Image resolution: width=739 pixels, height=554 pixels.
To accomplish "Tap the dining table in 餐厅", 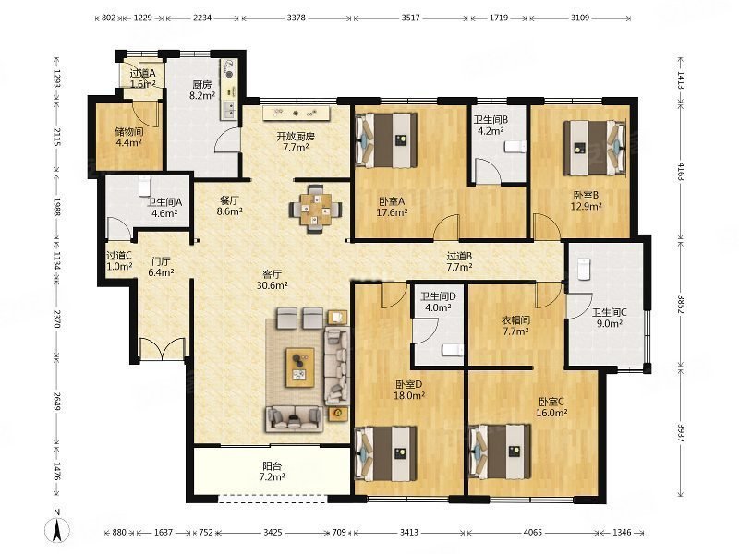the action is point(315,209).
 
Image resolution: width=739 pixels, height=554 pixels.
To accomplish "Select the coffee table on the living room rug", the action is point(300,367).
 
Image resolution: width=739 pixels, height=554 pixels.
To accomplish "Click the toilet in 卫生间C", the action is point(584,269).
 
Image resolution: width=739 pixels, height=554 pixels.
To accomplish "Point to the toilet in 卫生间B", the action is point(515,147).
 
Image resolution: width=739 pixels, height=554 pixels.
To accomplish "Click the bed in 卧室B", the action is point(595,148).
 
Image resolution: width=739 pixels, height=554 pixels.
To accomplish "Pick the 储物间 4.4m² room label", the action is point(129,137).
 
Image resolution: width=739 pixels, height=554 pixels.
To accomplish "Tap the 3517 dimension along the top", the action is point(410,18).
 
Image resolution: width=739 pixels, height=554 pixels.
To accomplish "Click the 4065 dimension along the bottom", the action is point(533,533).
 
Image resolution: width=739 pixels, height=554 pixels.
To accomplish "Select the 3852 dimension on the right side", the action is point(681,305).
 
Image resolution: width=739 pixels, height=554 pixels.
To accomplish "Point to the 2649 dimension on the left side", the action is point(57,401).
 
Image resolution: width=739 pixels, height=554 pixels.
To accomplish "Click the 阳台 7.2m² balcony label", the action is point(272,472).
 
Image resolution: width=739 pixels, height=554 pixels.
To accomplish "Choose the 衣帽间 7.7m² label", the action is point(515,326).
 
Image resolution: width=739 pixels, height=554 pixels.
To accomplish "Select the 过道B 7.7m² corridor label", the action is point(459,261).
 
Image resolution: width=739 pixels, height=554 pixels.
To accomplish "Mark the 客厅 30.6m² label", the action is point(272,280).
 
